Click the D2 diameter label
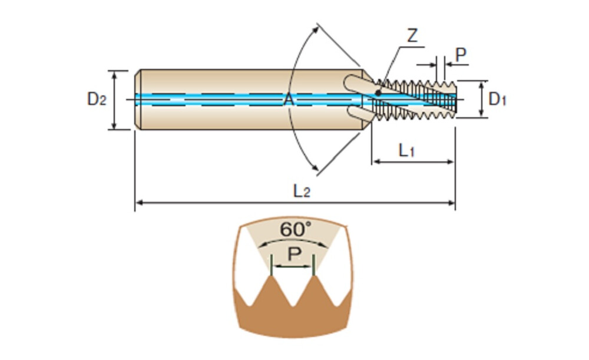(97, 99)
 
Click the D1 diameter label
(498, 99)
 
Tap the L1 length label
(407, 151)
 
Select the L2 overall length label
(302, 191)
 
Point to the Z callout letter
(412, 35)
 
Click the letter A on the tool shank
(288, 100)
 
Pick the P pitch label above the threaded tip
(461, 54)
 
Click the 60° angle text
(294, 229)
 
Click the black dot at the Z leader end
(378, 93)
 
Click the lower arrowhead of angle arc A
(319, 170)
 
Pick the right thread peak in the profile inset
(313, 278)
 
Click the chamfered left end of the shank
(138, 100)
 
